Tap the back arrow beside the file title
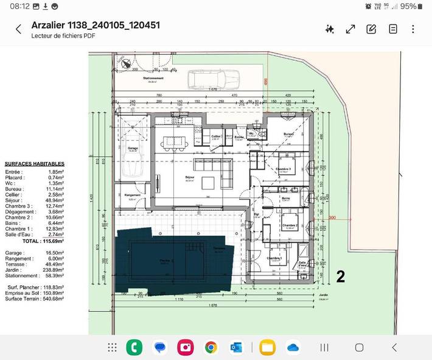point(18,29)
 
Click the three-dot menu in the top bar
point(413,29)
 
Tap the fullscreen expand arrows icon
point(350,29)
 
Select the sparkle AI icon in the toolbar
point(330,29)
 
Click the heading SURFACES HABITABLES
point(34,164)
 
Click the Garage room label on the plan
point(133,148)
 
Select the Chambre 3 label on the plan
point(284,169)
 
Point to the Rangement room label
point(133,195)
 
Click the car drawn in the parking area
point(212,79)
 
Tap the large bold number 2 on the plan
point(341,277)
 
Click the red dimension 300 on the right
point(332,217)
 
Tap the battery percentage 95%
point(408,6)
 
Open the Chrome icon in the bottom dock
point(211,347)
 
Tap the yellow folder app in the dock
point(267,347)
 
